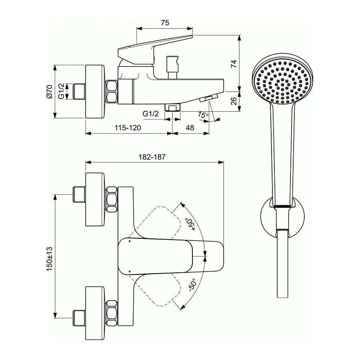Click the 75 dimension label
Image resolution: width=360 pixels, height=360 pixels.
(165, 23)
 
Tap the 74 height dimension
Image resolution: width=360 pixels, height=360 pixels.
(234, 64)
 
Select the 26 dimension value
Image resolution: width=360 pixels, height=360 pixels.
(234, 101)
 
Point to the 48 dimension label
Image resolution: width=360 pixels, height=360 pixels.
(190, 128)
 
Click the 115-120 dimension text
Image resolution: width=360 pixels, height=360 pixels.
(128, 128)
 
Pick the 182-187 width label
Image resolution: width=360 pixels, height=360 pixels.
(152, 157)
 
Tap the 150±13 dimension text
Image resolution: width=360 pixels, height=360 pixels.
(50, 259)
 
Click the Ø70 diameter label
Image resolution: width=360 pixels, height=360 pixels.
(50, 92)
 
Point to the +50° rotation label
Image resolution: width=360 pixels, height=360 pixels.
(190, 224)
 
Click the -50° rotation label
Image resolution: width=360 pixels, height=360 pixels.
(192, 285)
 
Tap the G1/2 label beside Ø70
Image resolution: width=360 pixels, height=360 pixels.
(61, 91)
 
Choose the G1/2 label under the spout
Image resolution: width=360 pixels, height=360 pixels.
(151, 114)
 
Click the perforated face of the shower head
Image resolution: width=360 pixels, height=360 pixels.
(282, 82)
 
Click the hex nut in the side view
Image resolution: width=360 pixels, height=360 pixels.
(112, 91)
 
